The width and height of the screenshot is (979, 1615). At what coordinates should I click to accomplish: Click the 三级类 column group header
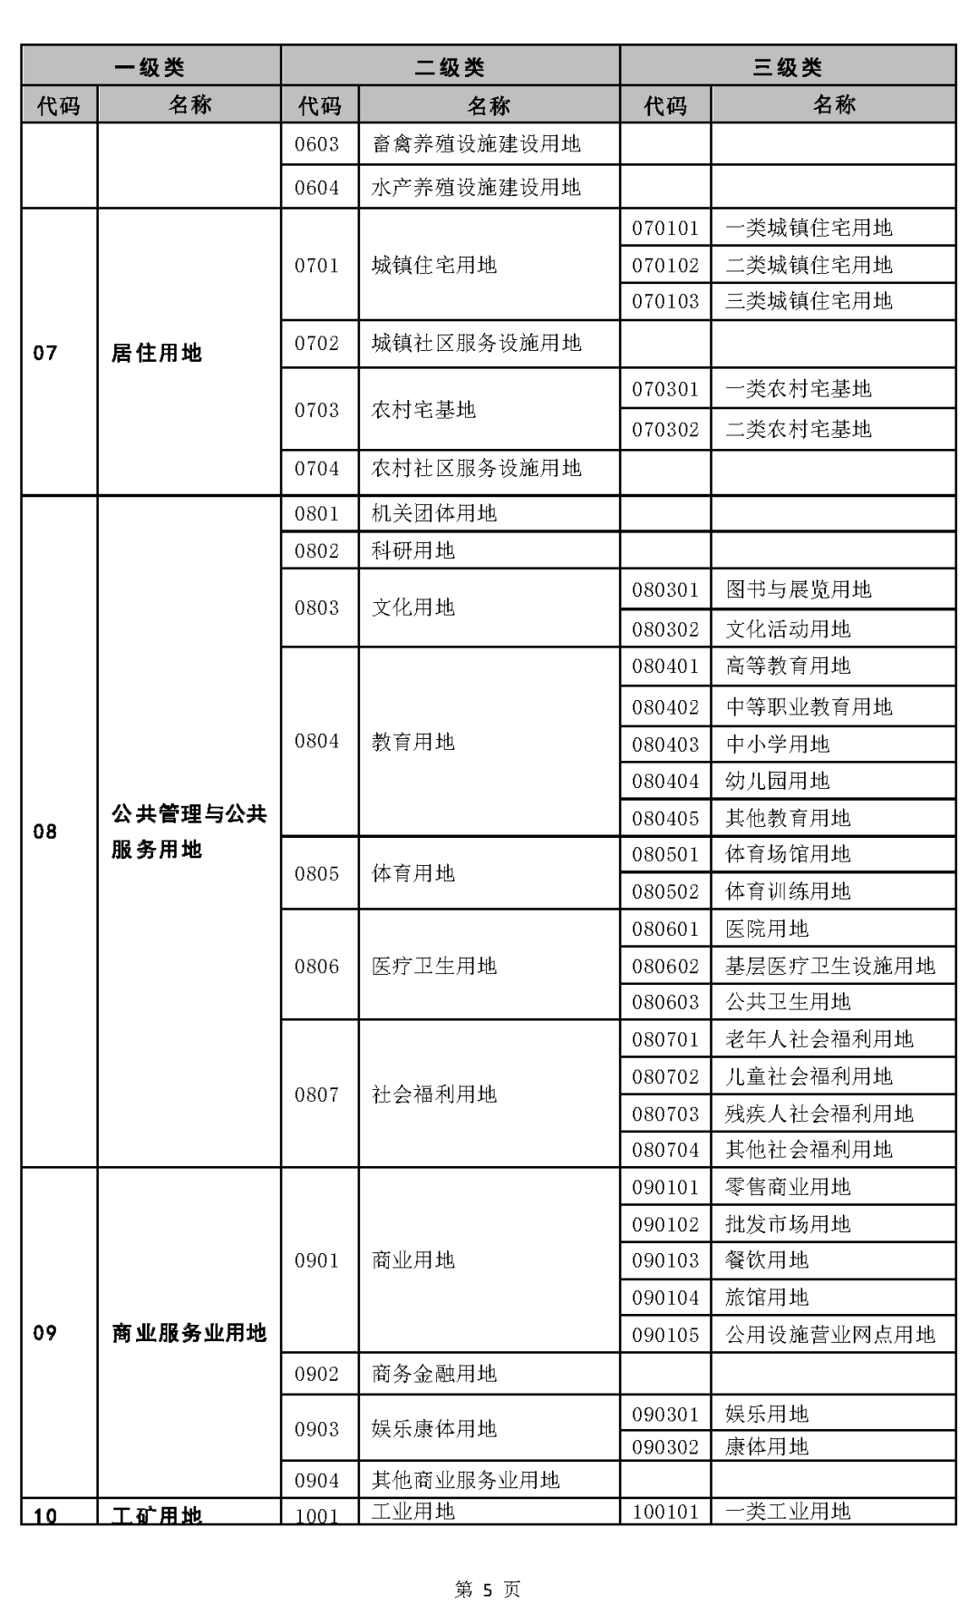coord(787,67)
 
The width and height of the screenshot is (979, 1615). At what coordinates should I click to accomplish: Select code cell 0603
coord(316,144)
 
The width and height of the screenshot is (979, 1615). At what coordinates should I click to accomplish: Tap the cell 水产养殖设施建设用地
coord(476,188)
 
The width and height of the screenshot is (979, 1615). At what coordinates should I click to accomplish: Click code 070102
coord(665,266)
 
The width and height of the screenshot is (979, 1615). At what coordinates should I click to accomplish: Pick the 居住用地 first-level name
coord(156,353)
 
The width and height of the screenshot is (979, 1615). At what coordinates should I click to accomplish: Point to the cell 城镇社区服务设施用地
coord(476,344)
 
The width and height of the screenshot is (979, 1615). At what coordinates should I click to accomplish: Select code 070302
coord(665,429)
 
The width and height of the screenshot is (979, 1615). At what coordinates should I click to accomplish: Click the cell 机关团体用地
coord(434,514)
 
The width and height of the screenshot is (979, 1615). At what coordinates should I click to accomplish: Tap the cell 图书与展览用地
coord(798,590)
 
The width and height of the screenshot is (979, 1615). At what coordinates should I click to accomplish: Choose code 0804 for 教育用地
coord(316,742)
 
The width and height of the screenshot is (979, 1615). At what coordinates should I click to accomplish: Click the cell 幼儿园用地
coord(777,781)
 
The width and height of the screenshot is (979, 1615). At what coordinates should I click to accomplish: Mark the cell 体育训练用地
coord(788,891)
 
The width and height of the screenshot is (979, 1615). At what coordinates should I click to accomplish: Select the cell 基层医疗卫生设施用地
coord(829,966)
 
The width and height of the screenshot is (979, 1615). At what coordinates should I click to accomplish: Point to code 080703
coord(665,1114)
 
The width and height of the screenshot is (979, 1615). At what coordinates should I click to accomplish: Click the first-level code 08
coord(45,832)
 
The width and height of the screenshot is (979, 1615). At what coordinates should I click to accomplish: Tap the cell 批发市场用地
coord(788,1224)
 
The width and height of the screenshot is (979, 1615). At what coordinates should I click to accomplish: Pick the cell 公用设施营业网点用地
coord(829,1335)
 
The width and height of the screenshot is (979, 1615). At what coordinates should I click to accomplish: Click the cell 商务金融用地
coord(434,1374)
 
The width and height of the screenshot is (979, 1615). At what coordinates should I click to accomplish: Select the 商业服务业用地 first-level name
coord(189,1333)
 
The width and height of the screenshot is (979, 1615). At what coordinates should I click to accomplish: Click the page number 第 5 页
coord(488,1589)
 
